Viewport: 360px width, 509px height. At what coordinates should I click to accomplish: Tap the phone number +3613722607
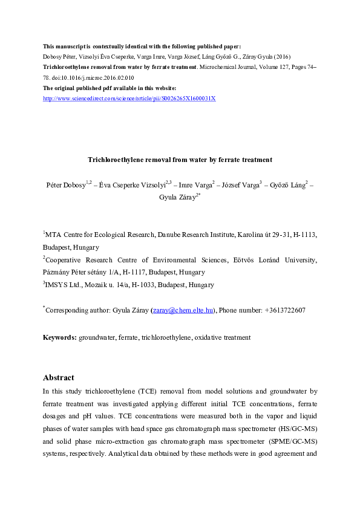pos(284,310)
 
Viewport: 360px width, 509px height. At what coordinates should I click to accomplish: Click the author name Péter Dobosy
pos(65,184)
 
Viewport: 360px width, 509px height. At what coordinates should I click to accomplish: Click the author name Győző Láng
pos(288,184)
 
